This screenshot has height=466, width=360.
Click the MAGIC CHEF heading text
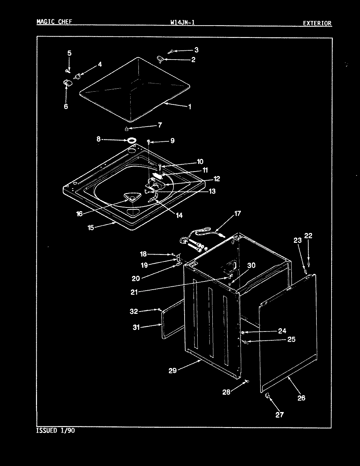(x=54, y=22)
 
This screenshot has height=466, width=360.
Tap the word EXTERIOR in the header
(x=316, y=23)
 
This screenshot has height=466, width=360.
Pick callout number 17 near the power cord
(x=237, y=213)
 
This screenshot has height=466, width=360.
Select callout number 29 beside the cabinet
(x=172, y=370)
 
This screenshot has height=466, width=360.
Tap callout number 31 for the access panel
(x=136, y=327)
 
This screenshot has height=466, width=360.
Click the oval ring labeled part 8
(x=132, y=140)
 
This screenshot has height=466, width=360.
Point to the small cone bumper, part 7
(x=126, y=128)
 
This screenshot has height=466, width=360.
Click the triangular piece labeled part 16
(x=133, y=197)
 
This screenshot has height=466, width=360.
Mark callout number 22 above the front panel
(x=308, y=236)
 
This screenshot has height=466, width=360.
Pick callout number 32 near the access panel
(x=134, y=311)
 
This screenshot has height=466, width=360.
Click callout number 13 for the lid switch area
(x=212, y=191)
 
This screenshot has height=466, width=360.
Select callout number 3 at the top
(x=196, y=50)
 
